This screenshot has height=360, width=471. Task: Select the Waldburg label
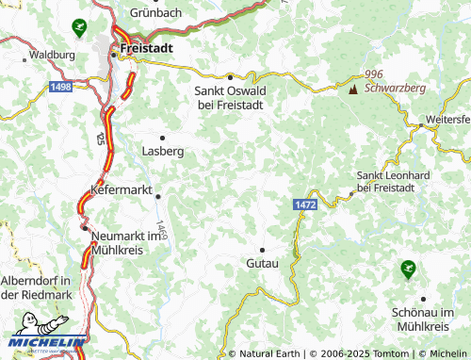(x=52, y=56)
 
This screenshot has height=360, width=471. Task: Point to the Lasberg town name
(x=162, y=150)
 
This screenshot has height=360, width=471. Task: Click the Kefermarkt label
(x=121, y=189)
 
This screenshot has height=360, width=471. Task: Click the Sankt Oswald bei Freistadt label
(x=231, y=97)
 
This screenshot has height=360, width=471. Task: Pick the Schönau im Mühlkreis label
(x=420, y=319)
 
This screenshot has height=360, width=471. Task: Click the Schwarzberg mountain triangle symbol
(x=353, y=90)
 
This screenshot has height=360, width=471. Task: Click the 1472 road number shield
(x=304, y=204)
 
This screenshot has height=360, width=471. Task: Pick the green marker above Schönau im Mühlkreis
(x=407, y=270)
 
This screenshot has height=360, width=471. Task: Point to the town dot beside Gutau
(x=262, y=249)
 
